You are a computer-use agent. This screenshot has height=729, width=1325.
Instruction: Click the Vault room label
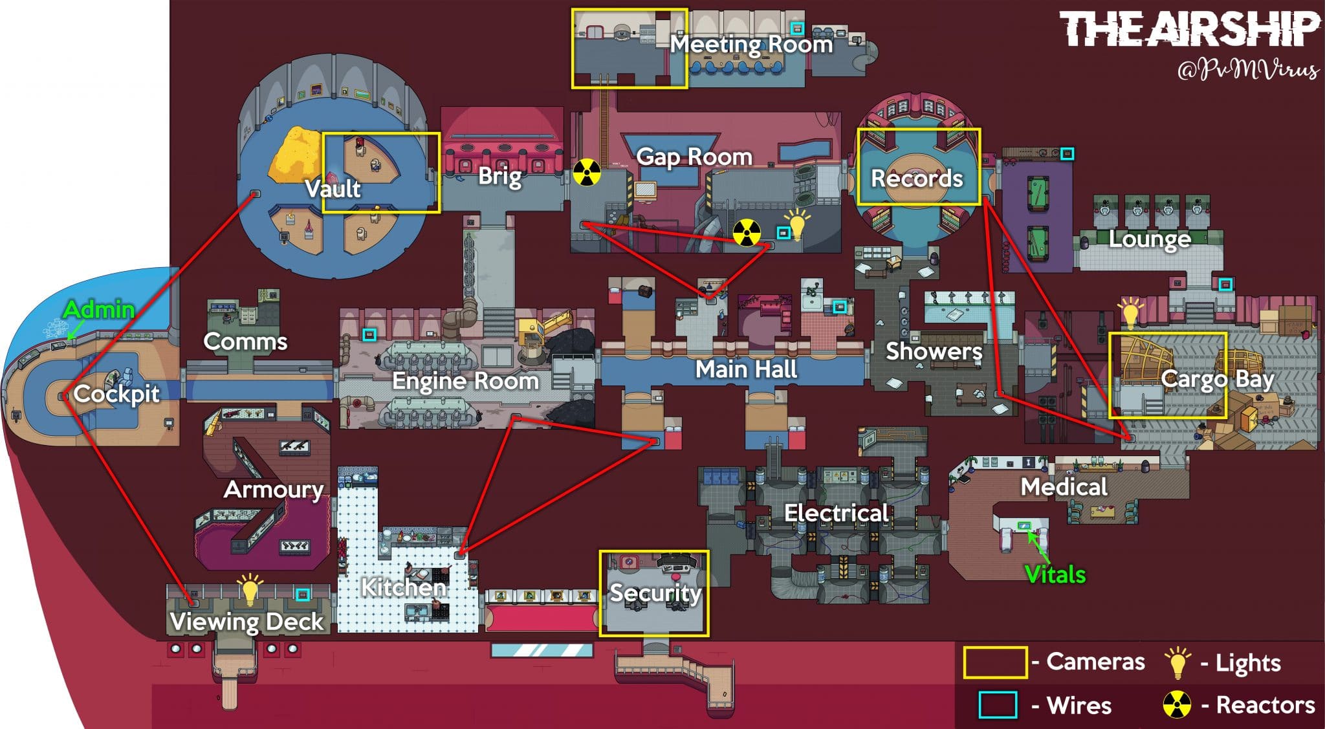click(x=333, y=188)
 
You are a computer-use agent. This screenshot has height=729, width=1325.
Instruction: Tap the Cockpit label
click(x=116, y=393)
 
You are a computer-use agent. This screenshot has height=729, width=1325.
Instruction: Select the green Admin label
click(x=99, y=309)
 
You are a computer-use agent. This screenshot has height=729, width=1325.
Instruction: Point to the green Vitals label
click(x=1055, y=574)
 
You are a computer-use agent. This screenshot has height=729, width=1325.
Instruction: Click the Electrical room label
click(x=837, y=513)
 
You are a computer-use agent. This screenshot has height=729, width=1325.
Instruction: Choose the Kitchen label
click(x=404, y=587)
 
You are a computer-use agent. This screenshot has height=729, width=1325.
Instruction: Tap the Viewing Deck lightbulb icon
click(x=249, y=588)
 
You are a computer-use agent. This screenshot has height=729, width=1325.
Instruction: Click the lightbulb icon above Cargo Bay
click(x=1130, y=313)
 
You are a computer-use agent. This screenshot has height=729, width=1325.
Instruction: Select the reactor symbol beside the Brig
click(x=587, y=173)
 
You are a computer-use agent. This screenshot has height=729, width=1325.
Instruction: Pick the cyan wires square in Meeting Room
click(x=798, y=28)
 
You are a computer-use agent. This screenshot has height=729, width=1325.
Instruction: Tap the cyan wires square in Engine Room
click(x=369, y=334)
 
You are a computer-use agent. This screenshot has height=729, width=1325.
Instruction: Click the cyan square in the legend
click(x=998, y=704)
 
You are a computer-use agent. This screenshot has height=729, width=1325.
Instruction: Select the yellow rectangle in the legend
click(x=995, y=662)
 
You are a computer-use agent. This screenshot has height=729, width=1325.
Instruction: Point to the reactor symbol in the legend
click(x=1177, y=704)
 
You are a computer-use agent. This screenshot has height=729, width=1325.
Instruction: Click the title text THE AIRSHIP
click(x=1189, y=29)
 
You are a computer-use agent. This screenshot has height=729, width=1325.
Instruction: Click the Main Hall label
click(x=746, y=369)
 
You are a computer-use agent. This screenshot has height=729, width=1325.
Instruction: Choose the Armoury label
click(x=274, y=490)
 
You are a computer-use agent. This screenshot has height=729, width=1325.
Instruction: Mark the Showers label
click(x=934, y=351)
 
